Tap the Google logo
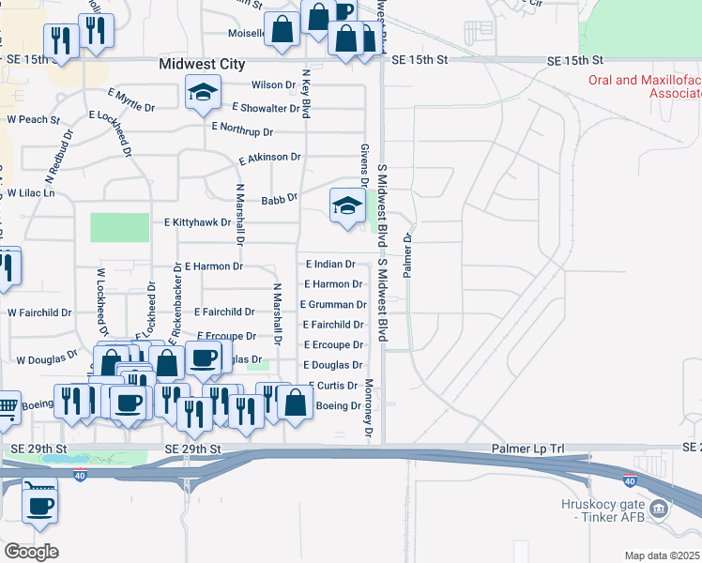point(31,552)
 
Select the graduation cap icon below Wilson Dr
point(203,94)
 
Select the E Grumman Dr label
point(332,305)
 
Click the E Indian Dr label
point(330,266)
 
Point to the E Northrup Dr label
point(242,129)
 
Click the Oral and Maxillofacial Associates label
point(645,87)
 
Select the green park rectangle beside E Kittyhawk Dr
point(119,227)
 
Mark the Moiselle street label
point(246,33)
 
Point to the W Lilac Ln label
point(32,192)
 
